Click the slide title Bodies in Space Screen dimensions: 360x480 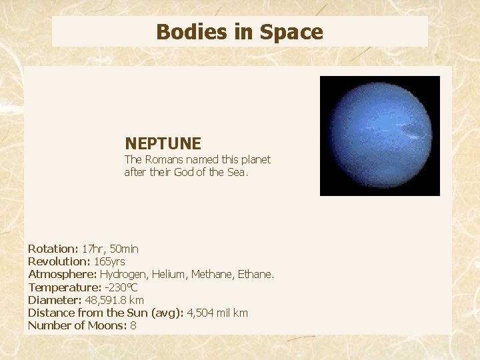(239, 32)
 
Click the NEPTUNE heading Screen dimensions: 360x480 (163, 143)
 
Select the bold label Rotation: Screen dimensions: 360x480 (53, 249)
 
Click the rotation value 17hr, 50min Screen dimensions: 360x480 (110, 249)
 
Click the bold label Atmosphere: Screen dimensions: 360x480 (62, 274)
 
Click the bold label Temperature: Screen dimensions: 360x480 (63, 287)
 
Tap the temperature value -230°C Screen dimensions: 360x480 (120, 287)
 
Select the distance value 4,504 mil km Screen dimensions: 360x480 (216, 313)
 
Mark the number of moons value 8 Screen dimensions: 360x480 (133, 325)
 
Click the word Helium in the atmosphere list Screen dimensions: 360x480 (169, 274)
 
